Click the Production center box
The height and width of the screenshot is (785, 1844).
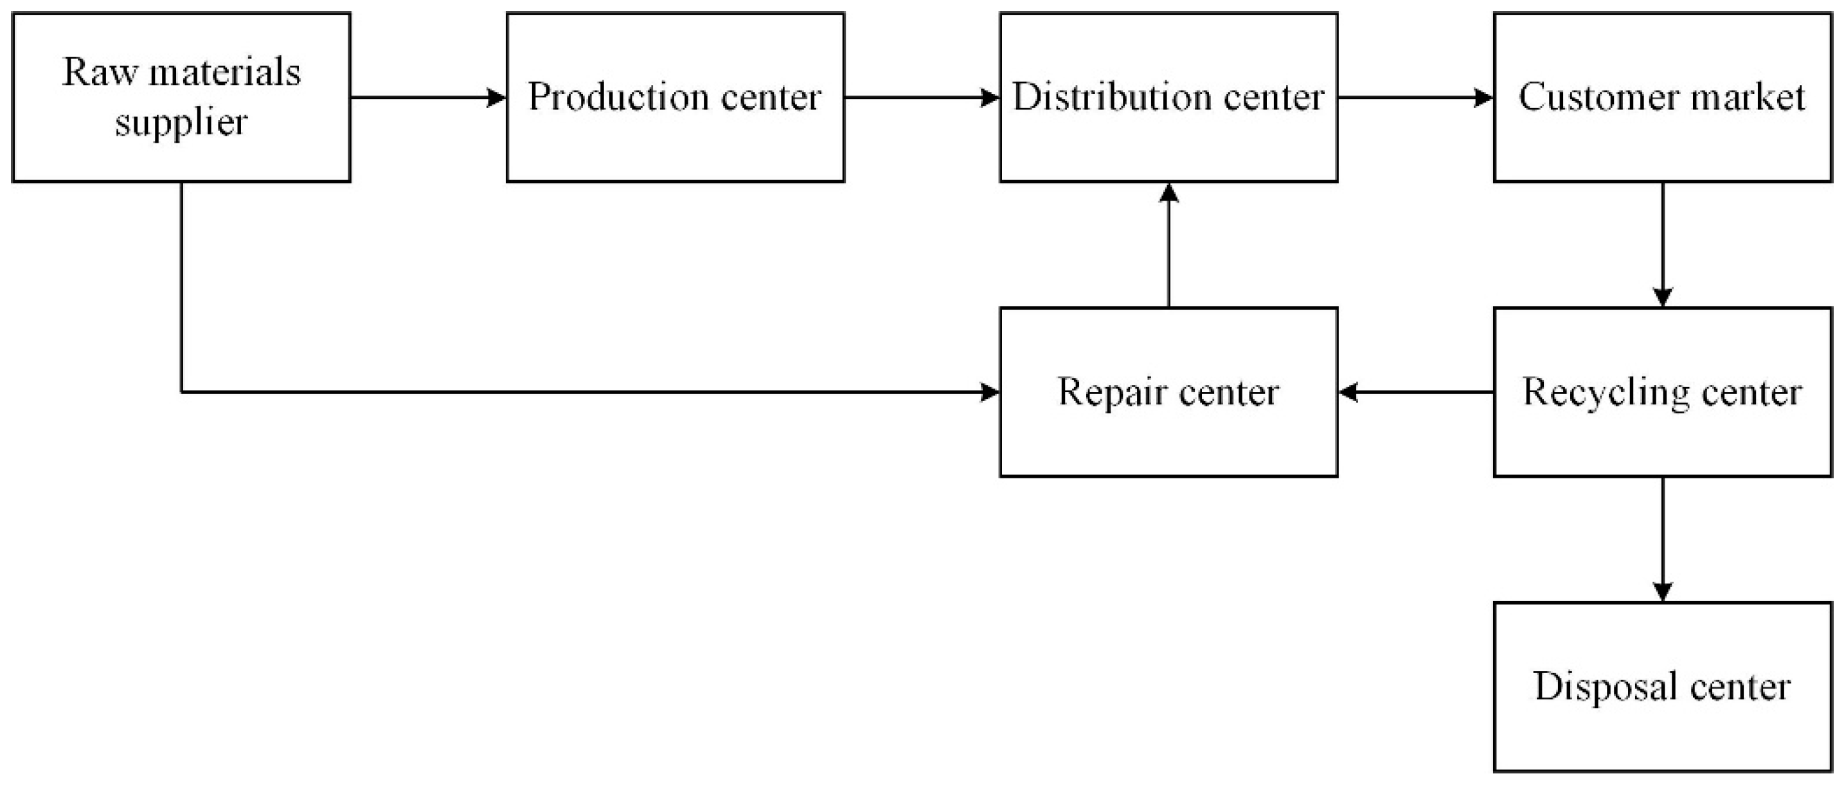675,143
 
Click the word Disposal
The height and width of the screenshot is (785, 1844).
1606,686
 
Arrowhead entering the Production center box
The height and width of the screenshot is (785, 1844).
497,98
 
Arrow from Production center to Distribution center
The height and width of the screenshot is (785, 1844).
921,98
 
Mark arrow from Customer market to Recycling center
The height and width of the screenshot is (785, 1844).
1662,244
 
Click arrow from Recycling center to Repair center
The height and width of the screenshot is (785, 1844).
1416,392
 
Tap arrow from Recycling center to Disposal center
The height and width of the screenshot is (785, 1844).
1662,539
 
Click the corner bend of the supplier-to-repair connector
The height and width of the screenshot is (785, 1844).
182,392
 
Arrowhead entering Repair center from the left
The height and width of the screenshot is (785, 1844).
990,392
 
